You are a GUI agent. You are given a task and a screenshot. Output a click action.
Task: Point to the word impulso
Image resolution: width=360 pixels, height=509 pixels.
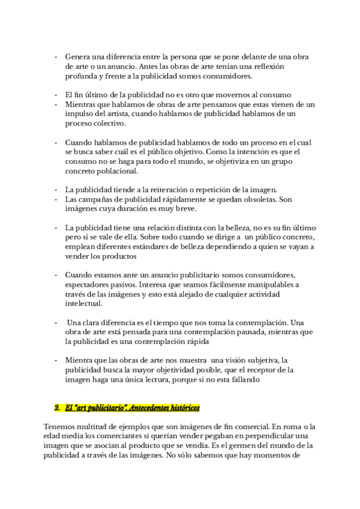[81, 114]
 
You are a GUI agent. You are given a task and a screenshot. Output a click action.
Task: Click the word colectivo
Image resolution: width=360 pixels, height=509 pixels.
[108, 124]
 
